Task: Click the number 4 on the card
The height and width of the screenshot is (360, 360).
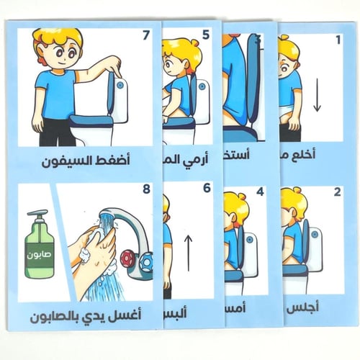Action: click(x=261, y=193)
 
